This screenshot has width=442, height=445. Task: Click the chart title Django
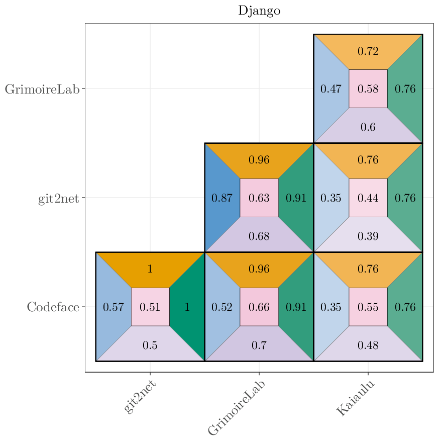259,11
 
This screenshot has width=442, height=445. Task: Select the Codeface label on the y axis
53,307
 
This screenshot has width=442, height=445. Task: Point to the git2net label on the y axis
58,198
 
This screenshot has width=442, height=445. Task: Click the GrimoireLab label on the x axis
237,407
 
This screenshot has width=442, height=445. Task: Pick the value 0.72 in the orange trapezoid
368,51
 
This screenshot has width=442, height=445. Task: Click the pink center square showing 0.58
368,89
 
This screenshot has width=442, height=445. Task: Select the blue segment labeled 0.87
222,198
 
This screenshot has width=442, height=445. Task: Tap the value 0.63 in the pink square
259,198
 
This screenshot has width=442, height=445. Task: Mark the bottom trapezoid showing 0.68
259,236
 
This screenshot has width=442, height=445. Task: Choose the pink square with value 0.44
368,198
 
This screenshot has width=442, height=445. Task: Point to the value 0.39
368,236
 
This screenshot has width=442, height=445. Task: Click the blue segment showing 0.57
113,307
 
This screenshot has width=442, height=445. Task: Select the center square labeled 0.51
150,307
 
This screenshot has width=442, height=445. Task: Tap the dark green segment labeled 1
187,307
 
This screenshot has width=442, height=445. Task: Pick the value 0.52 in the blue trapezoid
222,307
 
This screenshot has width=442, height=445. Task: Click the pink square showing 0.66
259,307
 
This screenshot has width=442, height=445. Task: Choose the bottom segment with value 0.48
368,345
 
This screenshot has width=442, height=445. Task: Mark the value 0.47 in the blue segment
331,89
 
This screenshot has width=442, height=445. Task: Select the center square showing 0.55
368,307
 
